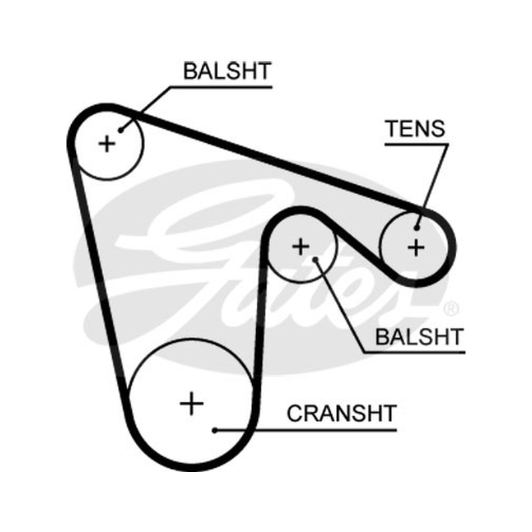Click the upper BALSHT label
click(227, 71)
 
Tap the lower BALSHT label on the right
click(420, 336)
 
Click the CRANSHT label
click(342, 413)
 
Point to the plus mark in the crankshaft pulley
click(192, 404)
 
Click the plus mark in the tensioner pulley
click(416, 247)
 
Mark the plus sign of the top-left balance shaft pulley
click(107, 144)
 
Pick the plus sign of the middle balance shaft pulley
click(301, 247)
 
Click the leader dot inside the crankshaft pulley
click(214, 430)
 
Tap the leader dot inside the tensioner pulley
click(417, 228)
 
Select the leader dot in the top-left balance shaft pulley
click(120, 130)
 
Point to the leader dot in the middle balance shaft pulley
click(315, 259)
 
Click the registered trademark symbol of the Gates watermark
click(452, 309)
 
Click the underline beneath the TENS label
click(417, 144)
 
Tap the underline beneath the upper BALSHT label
click(221, 87)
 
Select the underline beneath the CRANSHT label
click(306, 430)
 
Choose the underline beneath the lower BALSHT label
click(414, 353)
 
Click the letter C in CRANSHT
click(295, 413)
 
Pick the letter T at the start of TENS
click(393, 128)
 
